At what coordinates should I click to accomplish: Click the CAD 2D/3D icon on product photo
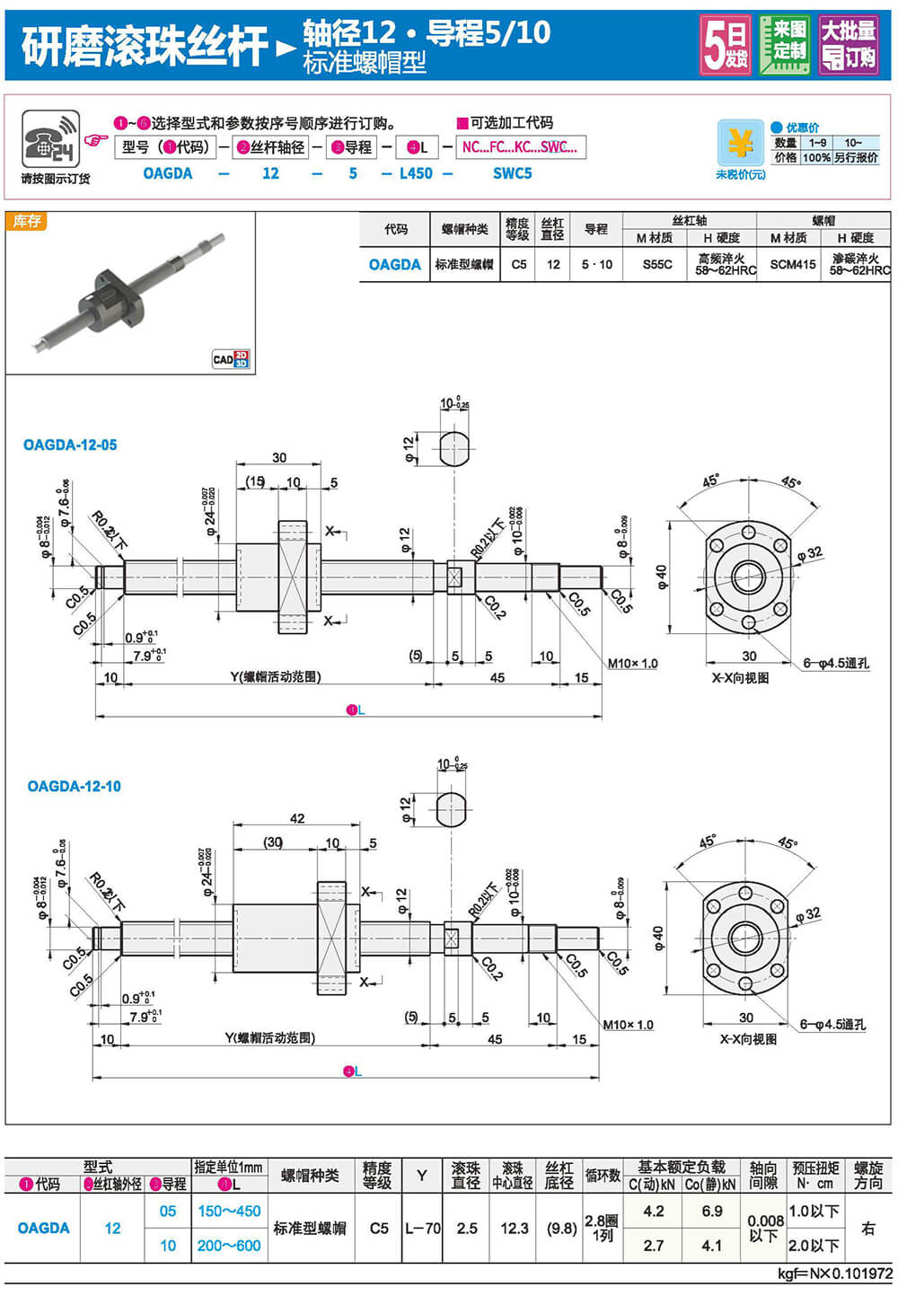pyautogui.click(x=231, y=359)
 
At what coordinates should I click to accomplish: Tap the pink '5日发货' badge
pyautogui.click(x=725, y=45)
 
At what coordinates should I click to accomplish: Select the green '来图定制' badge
pyautogui.click(x=784, y=45)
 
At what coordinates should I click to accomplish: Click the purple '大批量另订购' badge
pyautogui.click(x=848, y=45)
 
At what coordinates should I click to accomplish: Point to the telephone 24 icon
pyautogui.click(x=50, y=139)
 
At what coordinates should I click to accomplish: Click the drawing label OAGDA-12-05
pyautogui.click(x=70, y=445)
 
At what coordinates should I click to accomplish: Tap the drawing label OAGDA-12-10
pyautogui.click(x=74, y=786)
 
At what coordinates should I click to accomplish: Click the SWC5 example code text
pyautogui.click(x=512, y=173)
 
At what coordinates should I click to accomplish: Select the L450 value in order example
pyautogui.click(x=416, y=173)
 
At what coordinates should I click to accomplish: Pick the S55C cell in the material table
pyautogui.click(x=656, y=264)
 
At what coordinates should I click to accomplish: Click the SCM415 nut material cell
pyautogui.click(x=793, y=264)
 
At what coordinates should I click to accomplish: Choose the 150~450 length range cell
pyautogui.click(x=229, y=1211)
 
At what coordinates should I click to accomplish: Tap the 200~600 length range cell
pyautogui.click(x=229, y=1246)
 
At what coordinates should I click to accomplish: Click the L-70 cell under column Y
pyautogui.click(x=422, y=1228)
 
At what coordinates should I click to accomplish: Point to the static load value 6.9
pyautogui.click(x=711, y=1211)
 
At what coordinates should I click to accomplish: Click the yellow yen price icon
pyautogui.click(x=740, y=144)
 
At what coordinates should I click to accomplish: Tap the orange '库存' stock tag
pyautogui.click(x=26, y=221)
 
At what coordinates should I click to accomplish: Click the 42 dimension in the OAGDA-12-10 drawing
pyautogui.click(x=297, y=818)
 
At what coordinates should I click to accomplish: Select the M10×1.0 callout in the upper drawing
pyautogui.click(x=632, y=664)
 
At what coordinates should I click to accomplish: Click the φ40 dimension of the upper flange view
pyautogui.click(x=662, y=577)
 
